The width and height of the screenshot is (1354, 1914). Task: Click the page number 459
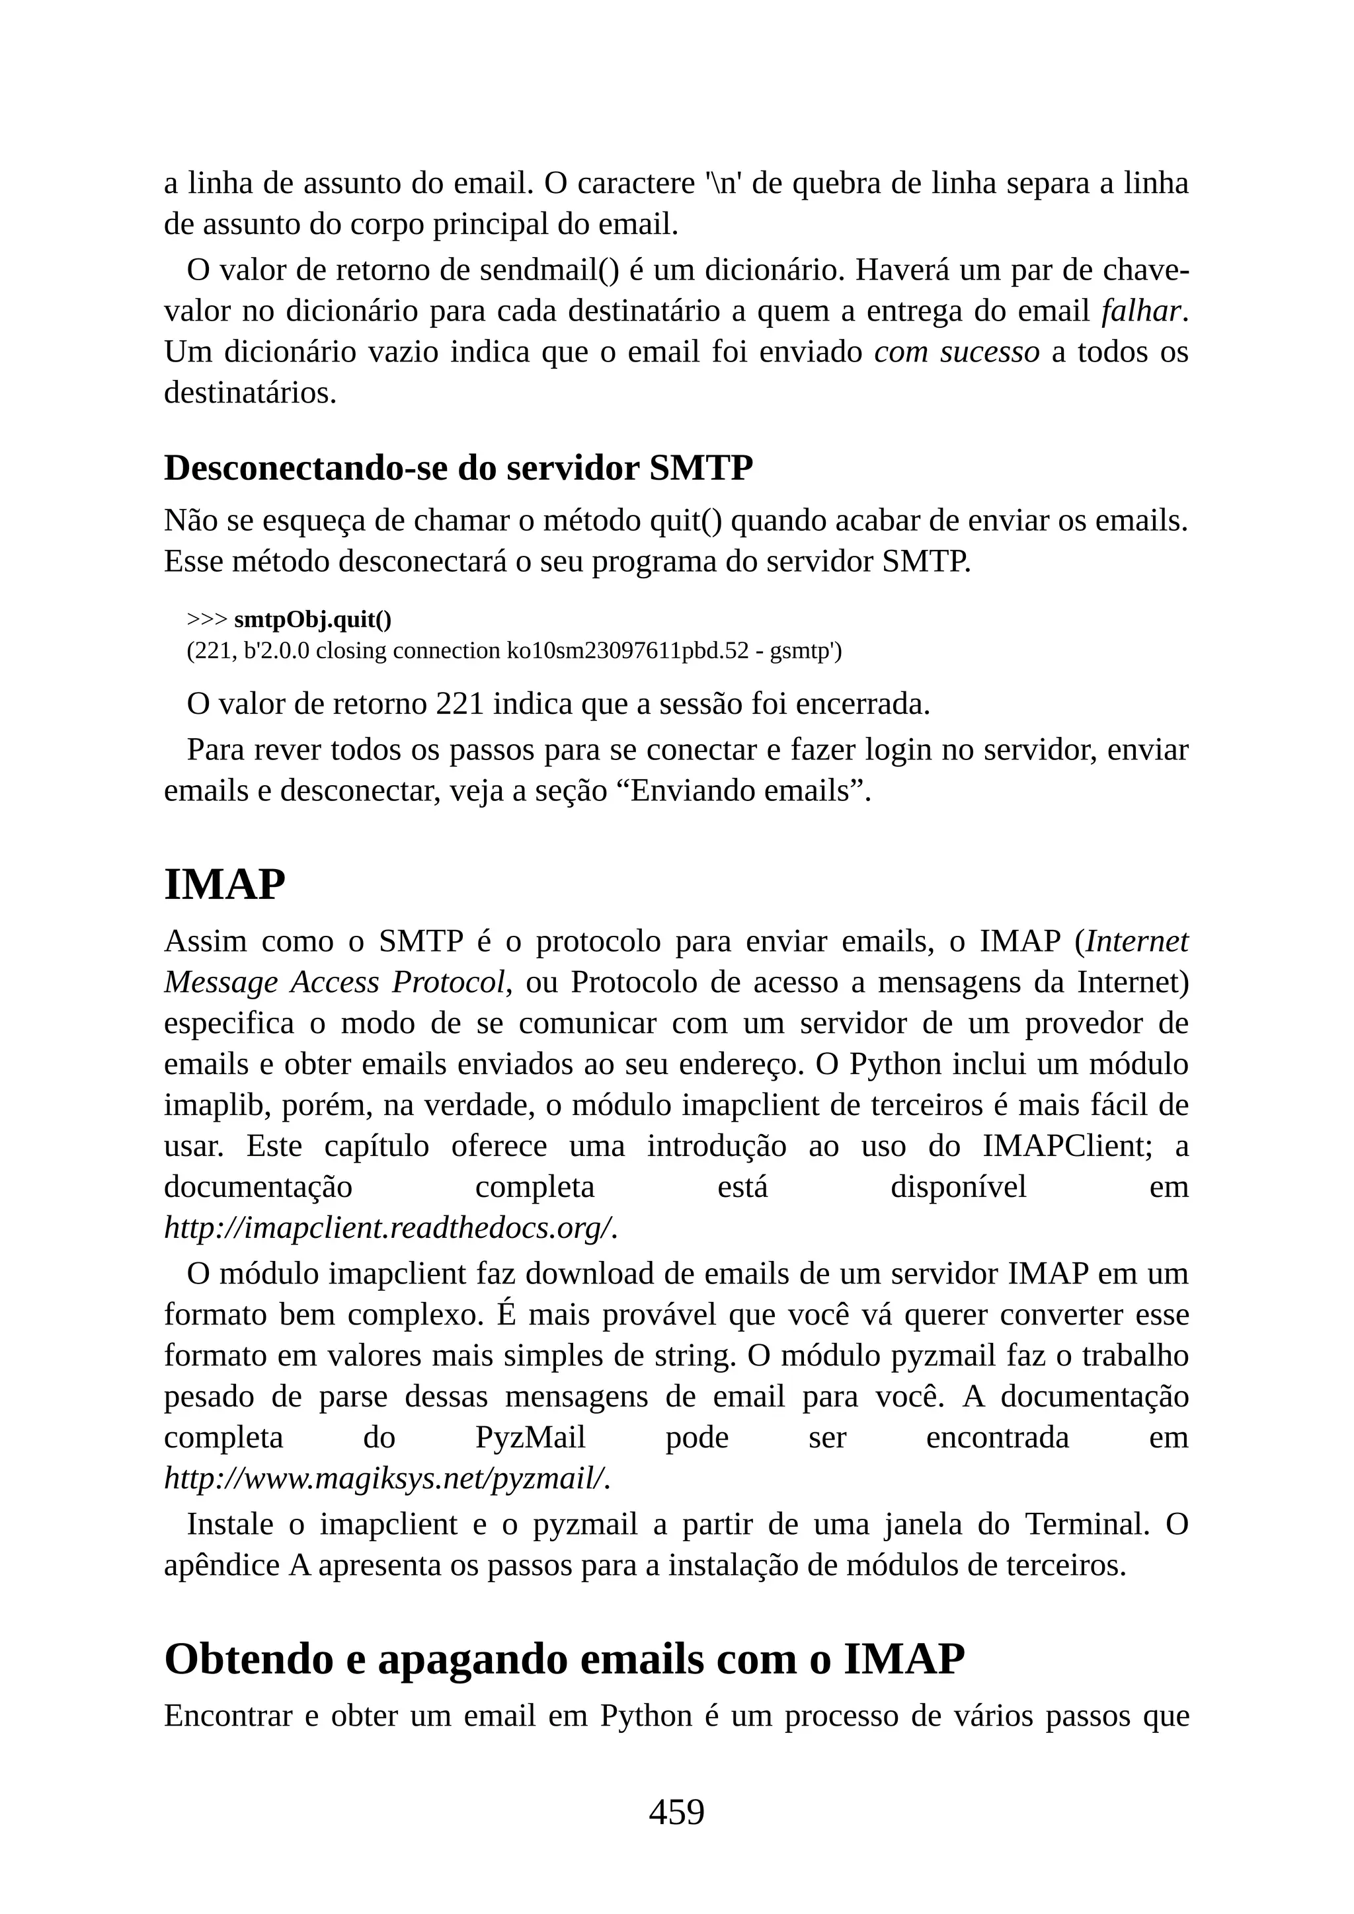coord(676,1812)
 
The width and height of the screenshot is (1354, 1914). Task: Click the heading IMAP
coord(224,884)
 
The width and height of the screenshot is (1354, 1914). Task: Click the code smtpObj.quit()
coord(313,619)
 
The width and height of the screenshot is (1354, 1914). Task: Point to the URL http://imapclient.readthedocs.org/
coord(389,1228)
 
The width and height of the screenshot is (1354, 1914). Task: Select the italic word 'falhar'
coord(1140,311)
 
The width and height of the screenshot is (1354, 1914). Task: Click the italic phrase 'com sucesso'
coord(956,352)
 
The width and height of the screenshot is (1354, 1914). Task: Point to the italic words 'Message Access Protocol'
coord(335,982)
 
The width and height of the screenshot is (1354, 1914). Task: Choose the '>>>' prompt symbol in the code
coord(207,619)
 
